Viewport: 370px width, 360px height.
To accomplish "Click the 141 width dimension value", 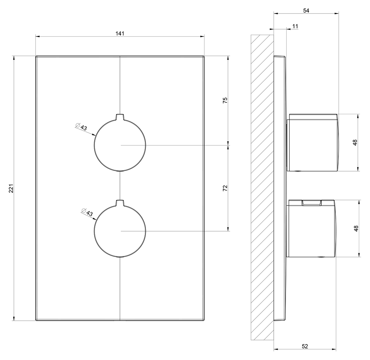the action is [120, 34].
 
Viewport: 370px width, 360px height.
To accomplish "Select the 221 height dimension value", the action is [11, 188].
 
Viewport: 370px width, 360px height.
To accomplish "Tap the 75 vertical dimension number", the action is [225, 100].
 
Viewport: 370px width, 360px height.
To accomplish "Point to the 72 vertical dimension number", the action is [225, 188].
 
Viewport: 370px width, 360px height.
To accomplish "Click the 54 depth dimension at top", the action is [306, 11].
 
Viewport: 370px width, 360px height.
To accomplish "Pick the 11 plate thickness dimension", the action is [295, 26].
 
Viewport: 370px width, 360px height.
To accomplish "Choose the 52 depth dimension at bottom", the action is [305, 346].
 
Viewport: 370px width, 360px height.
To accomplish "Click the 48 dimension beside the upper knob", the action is [355, 143].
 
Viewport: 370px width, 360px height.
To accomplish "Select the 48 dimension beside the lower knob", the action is [356, 228].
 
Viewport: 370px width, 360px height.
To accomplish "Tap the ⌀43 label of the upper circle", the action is [81, 127].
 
